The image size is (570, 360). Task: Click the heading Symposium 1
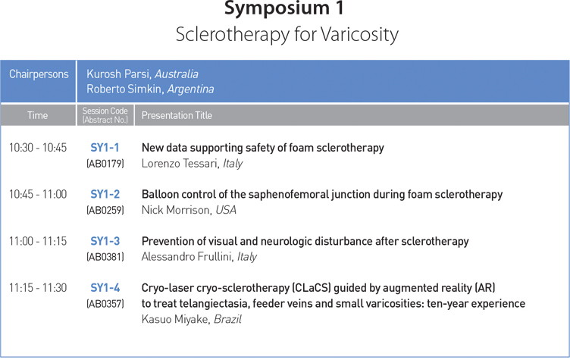pyautogui.click(x=284, y=8)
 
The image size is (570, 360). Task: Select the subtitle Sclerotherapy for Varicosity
pyautogui.click(x=287, y=36)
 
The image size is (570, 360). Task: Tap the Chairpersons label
pyautogui.click(x=39, y=74)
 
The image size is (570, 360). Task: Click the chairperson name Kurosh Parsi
pyautogui.click(x=118, y=74)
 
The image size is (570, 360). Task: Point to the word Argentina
pyautogui.click(x=190, y=89)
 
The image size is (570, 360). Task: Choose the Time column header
pyautogui.click(x=37, y=115)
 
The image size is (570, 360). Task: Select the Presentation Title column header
pyautogui.click(x=177, y=115)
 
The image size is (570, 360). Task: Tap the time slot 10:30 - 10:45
pyautogui.click(x=38, y=148)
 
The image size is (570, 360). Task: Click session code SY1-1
pyautogui.click(x=105, y=148)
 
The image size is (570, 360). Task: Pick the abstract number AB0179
pyautogui.click(x=105, y=164)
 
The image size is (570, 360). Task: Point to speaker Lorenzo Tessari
pyautogui.click(x=180, y=164)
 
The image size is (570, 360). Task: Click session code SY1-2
pyautogui.click(x=105, y=194)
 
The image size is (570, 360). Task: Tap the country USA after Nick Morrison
pyautogui.click(x=226, y=210)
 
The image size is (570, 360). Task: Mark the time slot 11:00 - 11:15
pyautogui.click(x=38, y=241)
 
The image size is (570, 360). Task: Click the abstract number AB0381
pyautogui.click(x=105, y=257)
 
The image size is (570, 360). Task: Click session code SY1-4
pyautogui.click(x=105, y=288)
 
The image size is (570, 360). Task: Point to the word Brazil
pyautogui.click(x=227, y=319)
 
